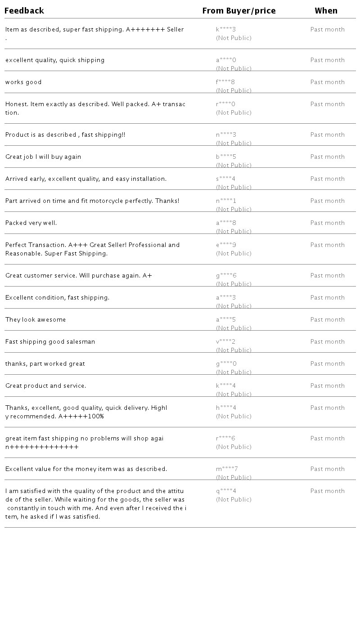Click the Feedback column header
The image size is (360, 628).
tap(24, 11)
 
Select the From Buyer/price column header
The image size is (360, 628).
tap(239, 11)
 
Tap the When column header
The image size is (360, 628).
tap(326, 11)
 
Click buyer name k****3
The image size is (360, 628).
tap(226, 30)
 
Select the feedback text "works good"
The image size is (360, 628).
tap(23, 82)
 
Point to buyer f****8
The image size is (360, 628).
tap(225, 82)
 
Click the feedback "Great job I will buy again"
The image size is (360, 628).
tap(43, 157)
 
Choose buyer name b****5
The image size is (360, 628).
tap(226, 157)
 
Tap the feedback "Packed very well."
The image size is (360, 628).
tap(31, 223)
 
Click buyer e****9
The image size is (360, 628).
tap(226, 245)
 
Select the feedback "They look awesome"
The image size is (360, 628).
tap(36, 320)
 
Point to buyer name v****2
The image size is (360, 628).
tap(226, 342)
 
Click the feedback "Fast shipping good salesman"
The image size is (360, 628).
tap(50, 342)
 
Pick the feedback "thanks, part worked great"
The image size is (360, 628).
tap(45, 364)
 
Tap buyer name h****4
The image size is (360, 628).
tap(226, 408)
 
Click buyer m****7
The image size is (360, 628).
tap(227, 469)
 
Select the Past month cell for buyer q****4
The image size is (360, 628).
tap(328, 491)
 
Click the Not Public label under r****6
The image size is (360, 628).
tap(234, 447)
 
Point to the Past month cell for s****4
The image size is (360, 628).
tap(328, 179)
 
